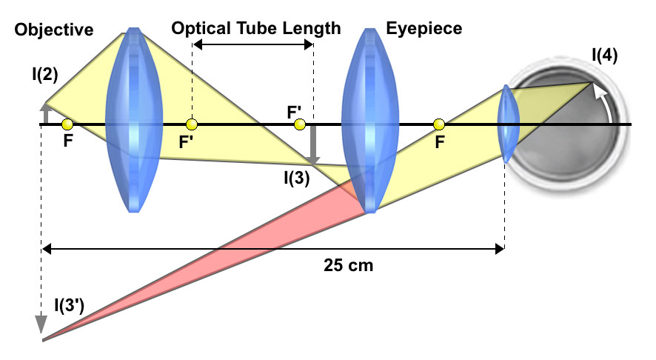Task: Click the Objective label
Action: pyautogui.click(x=54, y=30)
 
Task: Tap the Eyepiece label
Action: pyautogui.click(x=424, y=29)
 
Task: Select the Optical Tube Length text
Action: pyautogui.click(x=256, y=29)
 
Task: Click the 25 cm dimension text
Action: pyautogui.click(x=349, y=264)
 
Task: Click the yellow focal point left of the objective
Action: pyautogui.click(x=67, y=124)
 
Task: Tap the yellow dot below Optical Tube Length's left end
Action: pyautogui.click(x=192, y=124)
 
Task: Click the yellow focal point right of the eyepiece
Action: pyautogui.click(x=439, y=124)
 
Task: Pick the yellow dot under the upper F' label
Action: pyautogui.click(x=299, y=124)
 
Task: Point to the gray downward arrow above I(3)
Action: pyautogui.click(x=314, y=144)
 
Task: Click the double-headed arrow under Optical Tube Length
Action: pyautogui.click(x=252, y=45)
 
